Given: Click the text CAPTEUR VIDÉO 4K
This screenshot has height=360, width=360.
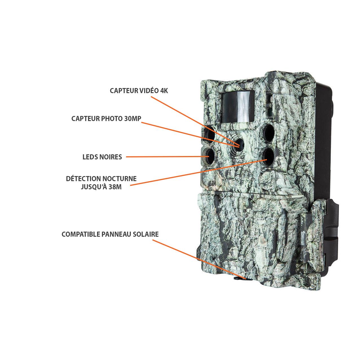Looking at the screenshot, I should click(139, 91).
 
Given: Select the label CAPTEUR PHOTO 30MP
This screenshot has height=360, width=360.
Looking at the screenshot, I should click(106, 118).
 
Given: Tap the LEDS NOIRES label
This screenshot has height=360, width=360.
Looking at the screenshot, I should click(102, 157).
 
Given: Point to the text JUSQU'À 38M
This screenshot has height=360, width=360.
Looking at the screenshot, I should click(101, 187).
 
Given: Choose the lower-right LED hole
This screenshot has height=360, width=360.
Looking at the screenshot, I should click(267, 155).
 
